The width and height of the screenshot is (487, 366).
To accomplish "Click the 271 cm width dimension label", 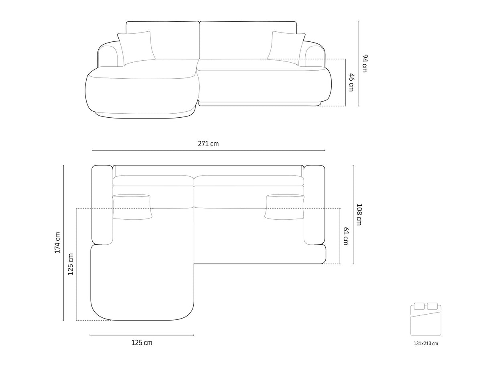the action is (x=208, y=144).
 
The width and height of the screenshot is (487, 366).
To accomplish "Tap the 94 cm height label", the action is (x=364, y=63).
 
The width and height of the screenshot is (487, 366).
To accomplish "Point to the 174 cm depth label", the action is (x=57, y=242).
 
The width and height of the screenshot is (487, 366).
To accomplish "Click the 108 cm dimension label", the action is (x=359, y=215).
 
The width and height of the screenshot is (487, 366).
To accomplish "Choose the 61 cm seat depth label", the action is (x=346, y=236).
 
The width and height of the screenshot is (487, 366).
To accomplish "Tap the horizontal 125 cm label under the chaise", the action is (x=142, y=342).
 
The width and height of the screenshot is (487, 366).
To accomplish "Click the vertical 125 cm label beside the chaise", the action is (x=71, y=264).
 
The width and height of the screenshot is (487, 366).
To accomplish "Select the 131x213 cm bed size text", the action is (x=426, y=344).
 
